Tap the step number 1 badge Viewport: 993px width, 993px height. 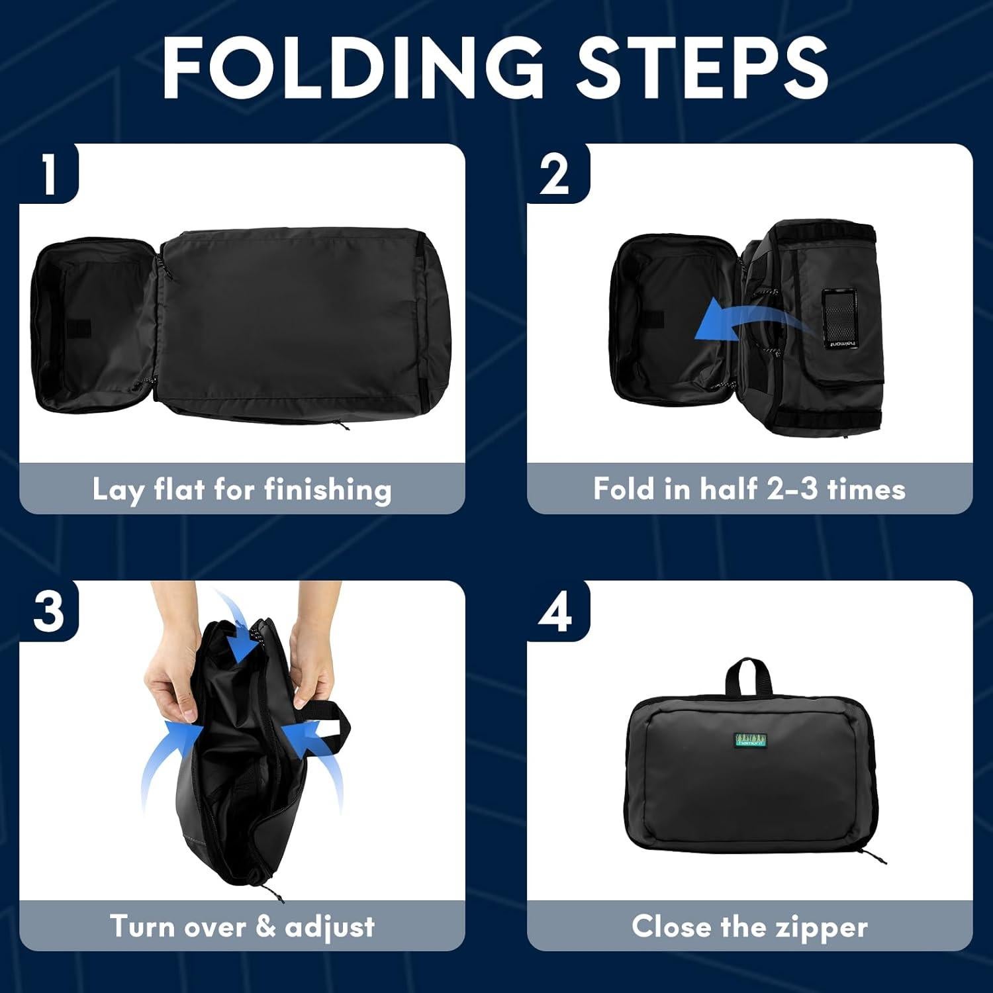[48, 174]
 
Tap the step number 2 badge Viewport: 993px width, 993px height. [555, 174]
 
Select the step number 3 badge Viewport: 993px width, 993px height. [48, 610]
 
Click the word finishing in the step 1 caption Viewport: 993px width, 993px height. [328, 491]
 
